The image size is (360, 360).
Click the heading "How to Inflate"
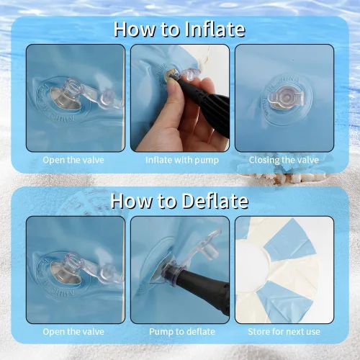179,30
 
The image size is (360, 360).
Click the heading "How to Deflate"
179,201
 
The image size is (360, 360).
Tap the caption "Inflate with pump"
182,160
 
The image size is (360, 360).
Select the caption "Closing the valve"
284,160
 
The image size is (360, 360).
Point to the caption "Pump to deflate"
182,332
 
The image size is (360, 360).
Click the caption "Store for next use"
284,332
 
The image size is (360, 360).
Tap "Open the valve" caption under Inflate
73,160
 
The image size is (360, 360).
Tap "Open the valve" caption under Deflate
73,332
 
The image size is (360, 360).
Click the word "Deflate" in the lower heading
215,201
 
